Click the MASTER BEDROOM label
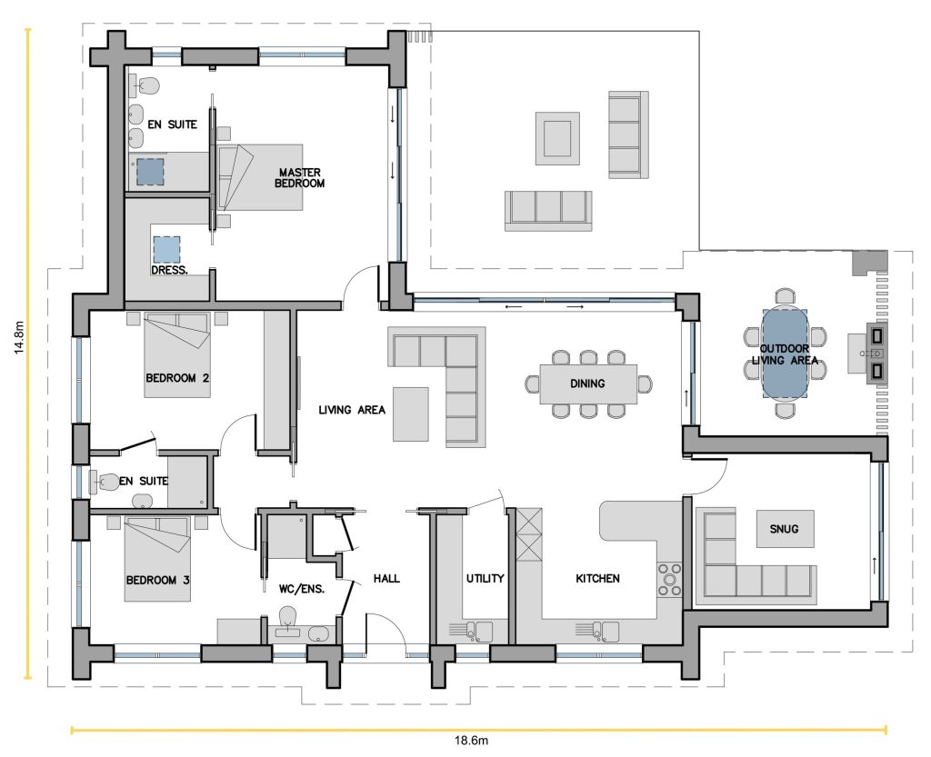click(299, 178)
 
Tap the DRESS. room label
click(169, 270)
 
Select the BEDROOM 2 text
click(177, 378)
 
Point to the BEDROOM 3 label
click(157, 580)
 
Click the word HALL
click(386, 579)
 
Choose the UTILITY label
click(485, 579)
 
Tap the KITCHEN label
click(597, 579)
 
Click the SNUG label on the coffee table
click(784, 529)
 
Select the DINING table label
click(587, 383)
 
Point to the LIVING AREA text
click(352, 410)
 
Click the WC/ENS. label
click(302, 589)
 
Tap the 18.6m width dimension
click(471, 741)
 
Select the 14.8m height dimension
click(20, 337)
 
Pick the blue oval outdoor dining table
click(785, 354)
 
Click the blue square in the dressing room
click(167, 249)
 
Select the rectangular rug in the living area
click(410, 414)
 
